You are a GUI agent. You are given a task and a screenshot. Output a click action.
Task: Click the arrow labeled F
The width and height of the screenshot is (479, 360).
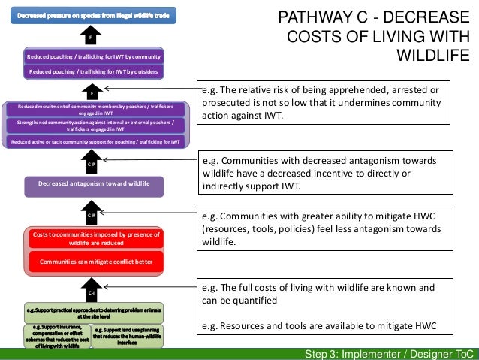click(x=90, y=35)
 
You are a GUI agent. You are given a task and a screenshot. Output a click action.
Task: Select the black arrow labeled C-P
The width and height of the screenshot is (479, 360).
click(x=90, y=161)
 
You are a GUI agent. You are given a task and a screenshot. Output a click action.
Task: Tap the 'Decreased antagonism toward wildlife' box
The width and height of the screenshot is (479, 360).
click(x=95, y=184)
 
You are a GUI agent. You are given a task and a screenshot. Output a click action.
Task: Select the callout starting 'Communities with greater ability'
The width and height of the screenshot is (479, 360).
click(x=327, y=227)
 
